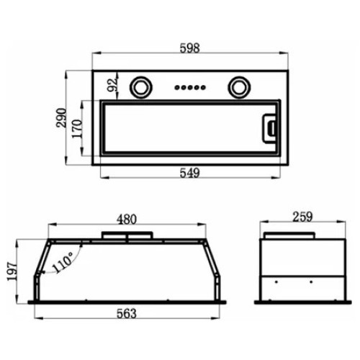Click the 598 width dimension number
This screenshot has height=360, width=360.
pyautogui.click(x=189, y=48)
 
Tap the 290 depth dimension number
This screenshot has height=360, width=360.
pyautogui.click(x=60, y=118)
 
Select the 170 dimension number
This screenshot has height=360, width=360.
pyautogui.click(x=77, y=129)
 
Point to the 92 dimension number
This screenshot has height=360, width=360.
pyautogui.click(x=112, y=85)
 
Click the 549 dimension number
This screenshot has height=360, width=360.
pyautogui.click(x=189, y=173)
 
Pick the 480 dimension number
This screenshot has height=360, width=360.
pyautogui.click(x=127, y=220)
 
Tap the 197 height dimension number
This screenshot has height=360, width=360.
pyautogui.click(x=12, y=271)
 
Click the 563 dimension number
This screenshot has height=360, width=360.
pyautogui.click(x=127, y=313)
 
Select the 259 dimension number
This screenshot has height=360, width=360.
pyautogui.click(x=302, y=217)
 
